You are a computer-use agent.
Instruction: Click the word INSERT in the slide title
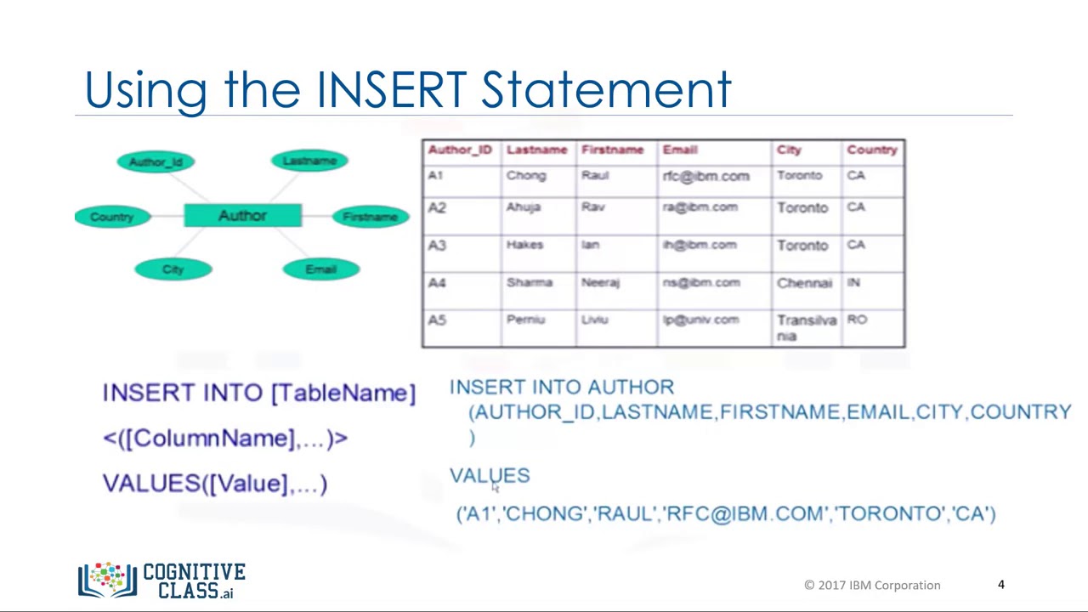click(x=392, y=89)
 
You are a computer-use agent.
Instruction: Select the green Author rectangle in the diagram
click(x=242, y=216)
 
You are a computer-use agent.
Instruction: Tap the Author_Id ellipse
click(x=156, y=161)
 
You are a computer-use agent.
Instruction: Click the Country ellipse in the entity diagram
click(x=112, y=217)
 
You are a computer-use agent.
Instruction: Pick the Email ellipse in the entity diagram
click(x=320, y=269)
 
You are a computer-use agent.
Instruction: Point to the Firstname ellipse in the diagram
click(x=370, y=217)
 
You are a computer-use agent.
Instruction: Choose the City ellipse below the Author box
click(x=173, y=269)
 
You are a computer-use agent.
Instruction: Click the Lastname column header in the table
click(x=536, y=150)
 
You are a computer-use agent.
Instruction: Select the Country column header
click(x=871, y=150)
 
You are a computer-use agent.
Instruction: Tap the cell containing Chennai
click(x=804, y=283)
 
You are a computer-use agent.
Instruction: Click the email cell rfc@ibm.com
click(x=705, y=176)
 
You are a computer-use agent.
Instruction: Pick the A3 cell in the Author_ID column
click(x=437, y=246)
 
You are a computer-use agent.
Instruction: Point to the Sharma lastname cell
click(x=529, y=282)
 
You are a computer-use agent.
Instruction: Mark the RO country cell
click(x=857, y=320)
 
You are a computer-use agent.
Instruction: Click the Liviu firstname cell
click(x=594, y=320)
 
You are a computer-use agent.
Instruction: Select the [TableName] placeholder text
click(x=343, y=393)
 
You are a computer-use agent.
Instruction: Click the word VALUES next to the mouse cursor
click(x=489, y=476)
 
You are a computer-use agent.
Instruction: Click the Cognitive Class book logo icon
click(x=107, y=580)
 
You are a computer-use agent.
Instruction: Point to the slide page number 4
click(x=1000, y=584)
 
